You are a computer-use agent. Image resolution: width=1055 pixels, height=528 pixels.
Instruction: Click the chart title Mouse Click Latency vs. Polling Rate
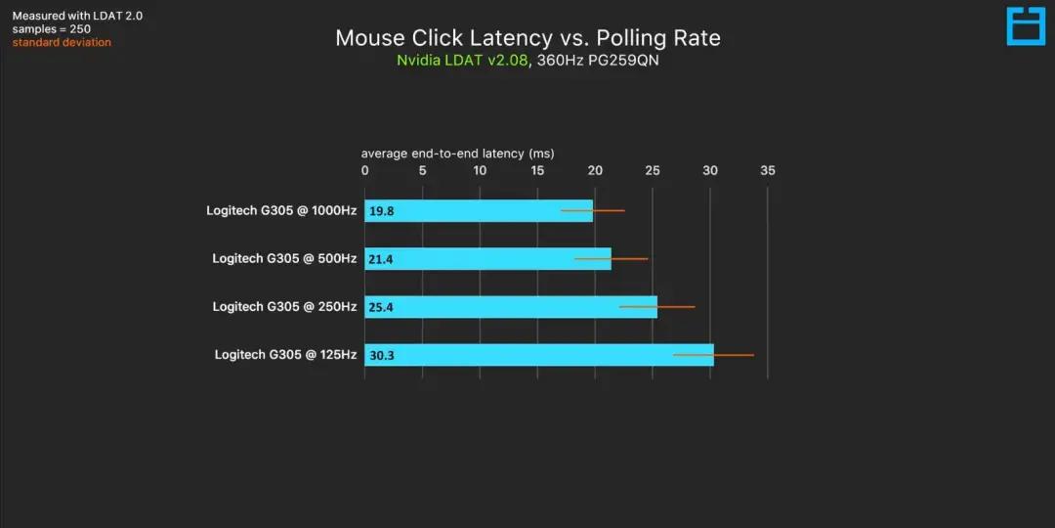(x=527, y=38)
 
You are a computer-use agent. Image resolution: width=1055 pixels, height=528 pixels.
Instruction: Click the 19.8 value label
(x=382, y=211)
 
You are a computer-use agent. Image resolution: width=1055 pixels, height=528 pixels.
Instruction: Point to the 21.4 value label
(x=382, y=259)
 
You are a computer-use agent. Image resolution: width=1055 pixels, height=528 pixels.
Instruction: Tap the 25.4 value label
(x=382, y=307)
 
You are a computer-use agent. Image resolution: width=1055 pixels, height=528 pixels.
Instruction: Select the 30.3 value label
(x=382, y=355)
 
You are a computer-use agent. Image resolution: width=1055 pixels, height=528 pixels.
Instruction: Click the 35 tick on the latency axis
(x=768, y=170)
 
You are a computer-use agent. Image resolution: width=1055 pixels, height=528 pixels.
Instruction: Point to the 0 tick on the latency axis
(x=365, y=170)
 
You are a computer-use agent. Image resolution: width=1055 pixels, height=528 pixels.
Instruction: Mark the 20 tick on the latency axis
(x=595, y=170)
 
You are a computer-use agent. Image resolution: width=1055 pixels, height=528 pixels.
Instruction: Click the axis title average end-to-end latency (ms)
(x=457, y=154)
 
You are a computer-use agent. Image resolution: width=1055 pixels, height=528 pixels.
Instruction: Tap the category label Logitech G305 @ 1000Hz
(x=281, y=210)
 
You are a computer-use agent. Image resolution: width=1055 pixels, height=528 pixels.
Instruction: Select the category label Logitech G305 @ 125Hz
(x=285, y=355)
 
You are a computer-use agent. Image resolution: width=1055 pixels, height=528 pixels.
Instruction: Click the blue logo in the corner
(x=1026, y=26)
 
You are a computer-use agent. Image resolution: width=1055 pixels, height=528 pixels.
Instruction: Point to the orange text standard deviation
(x=62, y=43)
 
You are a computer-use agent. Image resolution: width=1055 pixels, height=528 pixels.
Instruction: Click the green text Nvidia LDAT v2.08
(x=462, y=61)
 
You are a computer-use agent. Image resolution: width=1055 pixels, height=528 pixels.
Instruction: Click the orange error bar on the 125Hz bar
(x=713, y=355)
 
